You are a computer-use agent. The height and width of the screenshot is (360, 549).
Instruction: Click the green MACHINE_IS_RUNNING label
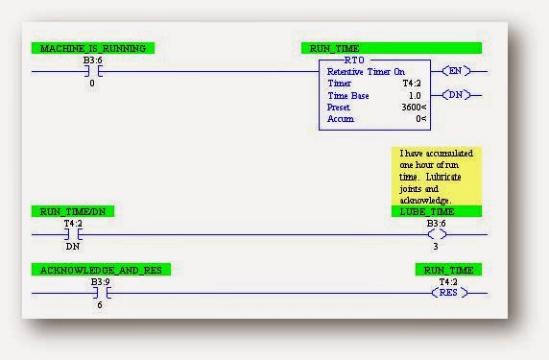click(92, 48)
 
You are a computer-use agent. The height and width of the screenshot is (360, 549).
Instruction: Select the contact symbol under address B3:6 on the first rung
click(92, 71)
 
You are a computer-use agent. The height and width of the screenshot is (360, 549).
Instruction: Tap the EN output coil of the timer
click(456, 71)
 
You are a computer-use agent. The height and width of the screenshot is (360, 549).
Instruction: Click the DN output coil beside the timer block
click(456, 94)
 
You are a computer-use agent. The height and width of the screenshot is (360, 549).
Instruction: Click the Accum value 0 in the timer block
click(419, 119)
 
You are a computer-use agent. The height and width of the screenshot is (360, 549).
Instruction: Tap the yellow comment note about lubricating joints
click(437, 174)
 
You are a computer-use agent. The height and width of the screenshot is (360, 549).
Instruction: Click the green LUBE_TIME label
click(436, 210)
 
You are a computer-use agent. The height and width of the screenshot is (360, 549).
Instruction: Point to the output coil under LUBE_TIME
click(437, 233)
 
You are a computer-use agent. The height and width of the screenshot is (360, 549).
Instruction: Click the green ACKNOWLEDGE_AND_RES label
click(101, 270)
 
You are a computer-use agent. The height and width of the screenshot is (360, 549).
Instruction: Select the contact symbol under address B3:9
click(100, 293)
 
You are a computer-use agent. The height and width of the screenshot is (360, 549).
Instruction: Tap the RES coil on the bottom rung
click(448, 293)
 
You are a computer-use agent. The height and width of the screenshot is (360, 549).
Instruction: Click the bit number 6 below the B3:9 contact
click(100, 304)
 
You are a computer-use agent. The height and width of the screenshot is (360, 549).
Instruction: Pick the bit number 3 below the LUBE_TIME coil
click(437, 246)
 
